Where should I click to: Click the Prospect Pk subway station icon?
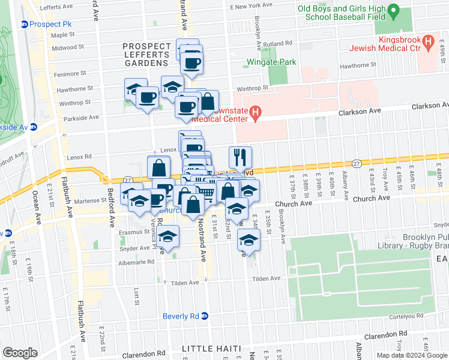(25, 24)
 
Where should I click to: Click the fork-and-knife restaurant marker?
(240, 157)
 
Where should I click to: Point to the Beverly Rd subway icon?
(204, 316)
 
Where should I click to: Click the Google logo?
(20, 353)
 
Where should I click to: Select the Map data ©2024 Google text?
(412, 355)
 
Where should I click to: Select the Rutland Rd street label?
(279, 43)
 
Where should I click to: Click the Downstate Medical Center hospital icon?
(255, 112)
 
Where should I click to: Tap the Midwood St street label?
(67, 47)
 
